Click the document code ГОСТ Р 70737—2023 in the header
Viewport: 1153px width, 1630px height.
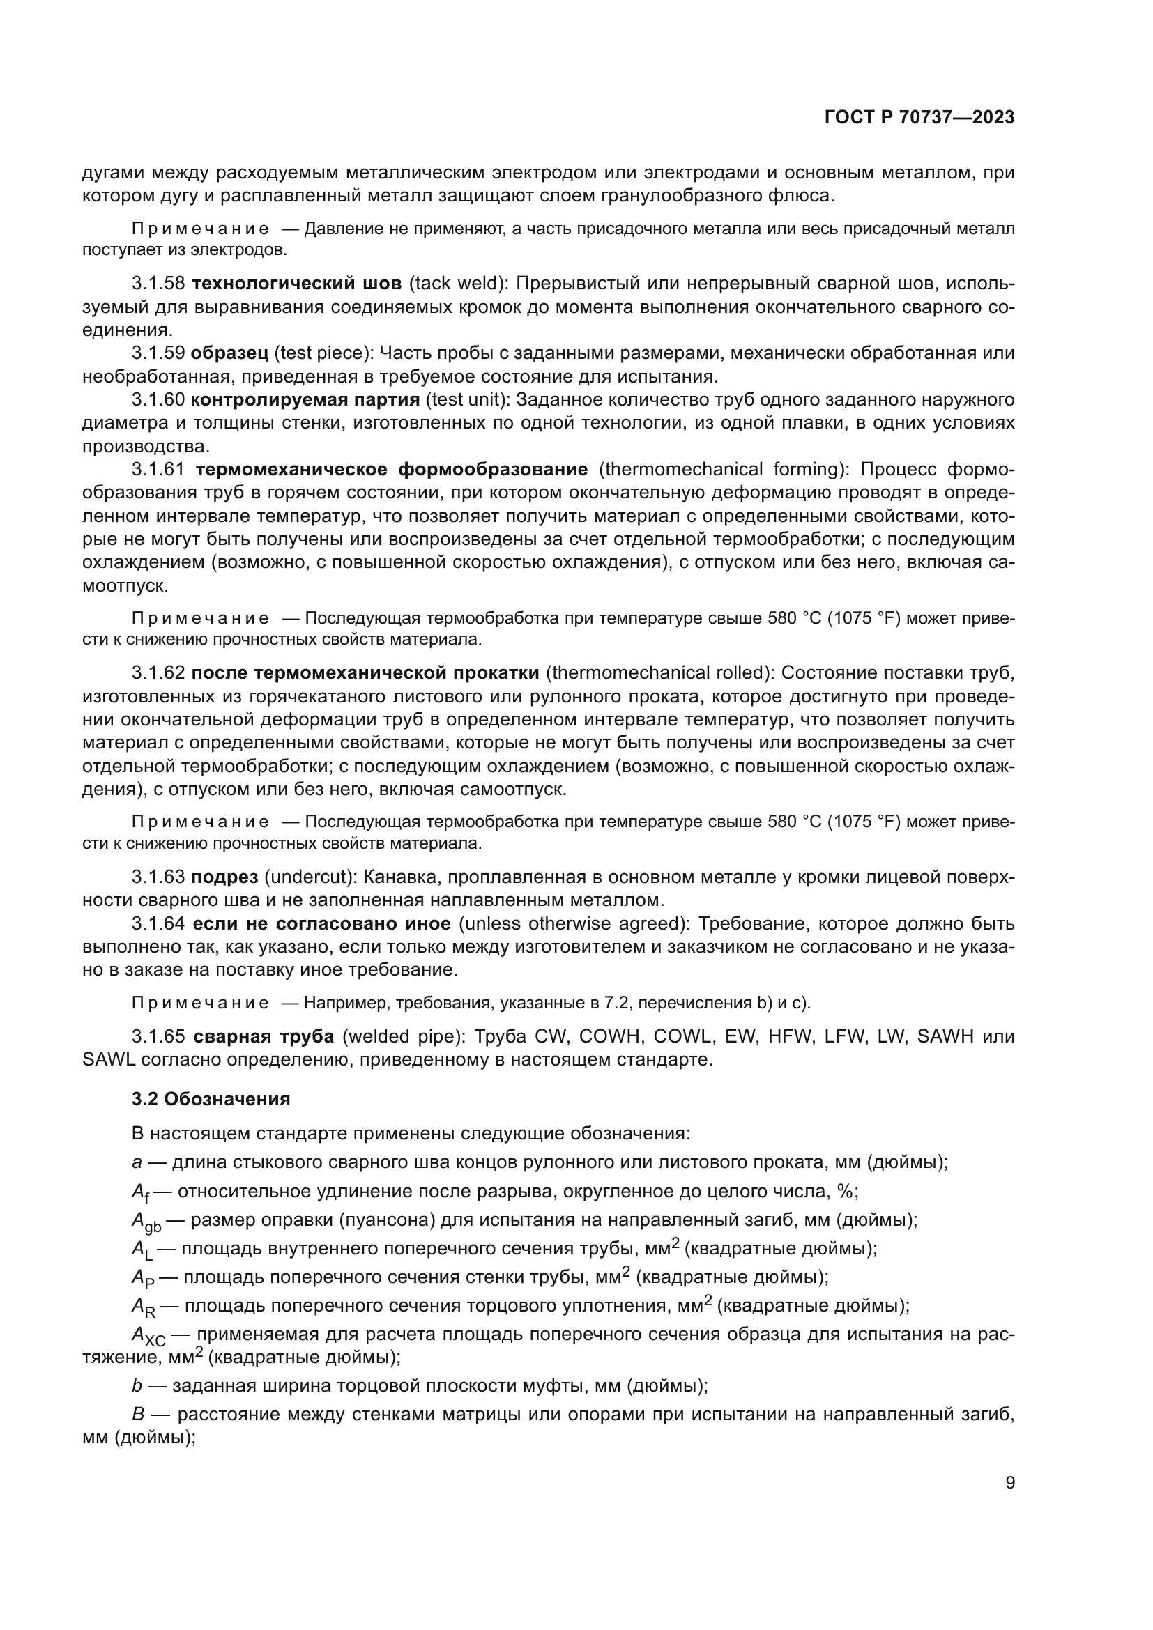click(919, 118)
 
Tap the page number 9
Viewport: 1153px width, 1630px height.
click(1010, 1482)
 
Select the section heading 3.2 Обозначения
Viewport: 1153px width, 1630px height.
click(211, 1099)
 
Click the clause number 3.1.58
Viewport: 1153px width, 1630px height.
click(158, 284)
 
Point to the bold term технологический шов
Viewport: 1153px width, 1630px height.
click(296, 284)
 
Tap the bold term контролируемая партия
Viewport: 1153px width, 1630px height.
click(305, 400)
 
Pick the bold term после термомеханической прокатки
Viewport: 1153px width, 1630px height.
click(365, 672)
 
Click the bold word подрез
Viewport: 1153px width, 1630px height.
click(224, 877)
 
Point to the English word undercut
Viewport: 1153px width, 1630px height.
click(309, 877)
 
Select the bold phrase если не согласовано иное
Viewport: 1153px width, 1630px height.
click(321, 923)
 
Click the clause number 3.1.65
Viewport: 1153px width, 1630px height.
click(158, 1036)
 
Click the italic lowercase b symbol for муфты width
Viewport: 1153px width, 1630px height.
click(137, 1386)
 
